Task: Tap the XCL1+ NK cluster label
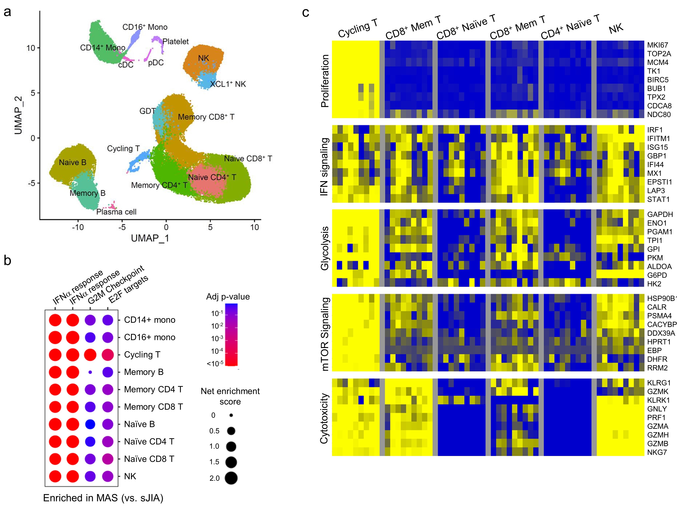pos(228,84)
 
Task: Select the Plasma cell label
pos(116,212)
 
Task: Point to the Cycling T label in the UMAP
pos(123,149)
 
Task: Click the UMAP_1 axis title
pos(150,238)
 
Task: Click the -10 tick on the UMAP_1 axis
pos(78,227)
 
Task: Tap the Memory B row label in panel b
pos(143,372)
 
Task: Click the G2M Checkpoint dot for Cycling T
pos(90,355)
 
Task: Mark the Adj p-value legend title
pos(228,297)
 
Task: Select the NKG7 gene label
pos(657,452)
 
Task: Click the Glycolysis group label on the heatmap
pos(324,248)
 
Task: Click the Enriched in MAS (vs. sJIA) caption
pos(103,498)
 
